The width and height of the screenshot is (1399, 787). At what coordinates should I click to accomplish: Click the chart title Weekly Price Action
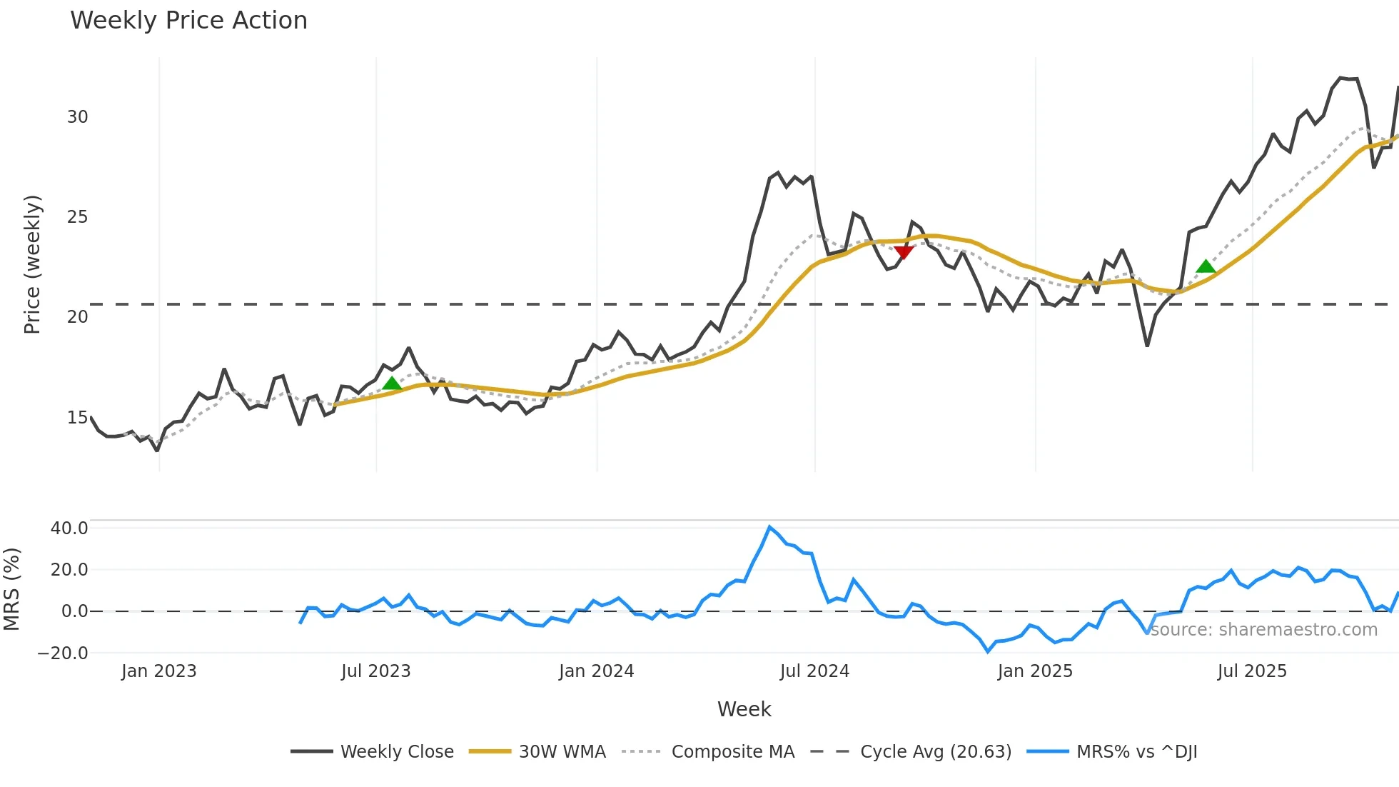(188, 21)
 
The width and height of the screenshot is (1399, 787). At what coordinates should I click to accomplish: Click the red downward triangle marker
(904, 253)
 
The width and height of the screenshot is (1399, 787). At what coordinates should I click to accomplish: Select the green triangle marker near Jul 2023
(392, 384)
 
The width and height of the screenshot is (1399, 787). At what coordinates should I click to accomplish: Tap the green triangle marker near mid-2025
(1206, 266)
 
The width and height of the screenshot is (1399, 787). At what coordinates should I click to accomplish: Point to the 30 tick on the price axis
(77, 117)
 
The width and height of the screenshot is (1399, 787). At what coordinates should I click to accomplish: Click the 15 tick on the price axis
(77, 418)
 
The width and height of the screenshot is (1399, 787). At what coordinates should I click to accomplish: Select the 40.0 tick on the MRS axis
(69, 528)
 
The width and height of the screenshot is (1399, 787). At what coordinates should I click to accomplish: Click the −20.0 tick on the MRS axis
(63, 653)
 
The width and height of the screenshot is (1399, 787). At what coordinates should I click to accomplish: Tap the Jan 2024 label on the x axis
(596, 671)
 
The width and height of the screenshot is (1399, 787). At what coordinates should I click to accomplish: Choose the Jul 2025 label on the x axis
(1252, 671)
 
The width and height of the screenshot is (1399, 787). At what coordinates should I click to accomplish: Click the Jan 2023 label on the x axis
(158, 671)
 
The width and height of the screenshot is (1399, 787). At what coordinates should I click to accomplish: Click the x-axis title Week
(744, 709)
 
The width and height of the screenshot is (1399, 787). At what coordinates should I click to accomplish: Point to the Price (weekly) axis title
(32, 264)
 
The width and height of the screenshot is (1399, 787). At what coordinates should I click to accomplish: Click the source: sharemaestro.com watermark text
(1263, 630)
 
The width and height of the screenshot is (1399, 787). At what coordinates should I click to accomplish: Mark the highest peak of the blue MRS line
(769, 527)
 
